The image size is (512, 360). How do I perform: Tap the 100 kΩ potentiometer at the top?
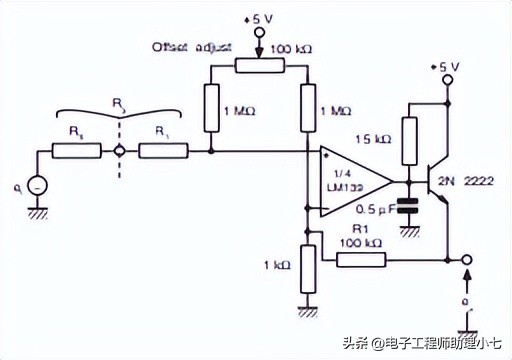pyautogui.click(x=260, y=65)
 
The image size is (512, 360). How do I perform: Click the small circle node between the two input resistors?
pyautogui.click(x=120, y=152)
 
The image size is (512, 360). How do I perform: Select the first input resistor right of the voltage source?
pyautogui.click(x=77, y=152)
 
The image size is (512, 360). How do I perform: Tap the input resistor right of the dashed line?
pyautogui.click(x=163, y=152)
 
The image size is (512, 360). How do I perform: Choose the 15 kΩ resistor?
pyautogui.click(x=408, y=141)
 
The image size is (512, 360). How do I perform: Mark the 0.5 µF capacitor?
pyautogui.click(x=408, y=206)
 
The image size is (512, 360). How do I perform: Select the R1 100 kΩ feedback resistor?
pyautogui.click(x=361, y=260)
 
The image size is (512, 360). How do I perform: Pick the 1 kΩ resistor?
pyautogui.click(x=307, y=267)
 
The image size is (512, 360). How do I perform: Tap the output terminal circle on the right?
pyautogui.click(x=468, y=260)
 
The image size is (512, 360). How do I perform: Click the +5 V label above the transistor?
pyautogui.click(x=444, y=66)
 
